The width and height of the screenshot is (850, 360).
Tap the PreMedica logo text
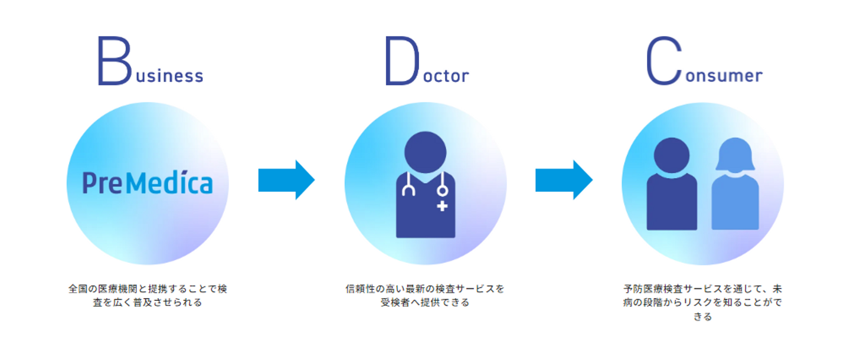click(147, 183)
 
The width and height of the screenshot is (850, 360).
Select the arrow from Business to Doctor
click(286, 180)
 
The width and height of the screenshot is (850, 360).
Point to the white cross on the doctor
click(443, 206)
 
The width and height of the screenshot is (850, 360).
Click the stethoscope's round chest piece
click(442, 191)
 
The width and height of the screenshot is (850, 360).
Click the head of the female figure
click(735, 155)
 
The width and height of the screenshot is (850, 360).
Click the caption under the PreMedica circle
click(147, 296)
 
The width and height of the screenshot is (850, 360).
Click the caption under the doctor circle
click(425, 296)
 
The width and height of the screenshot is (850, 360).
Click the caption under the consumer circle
click(702, 303)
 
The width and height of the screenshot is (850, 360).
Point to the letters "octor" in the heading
click(446, 76)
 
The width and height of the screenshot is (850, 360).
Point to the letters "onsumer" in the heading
click(724, 76)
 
